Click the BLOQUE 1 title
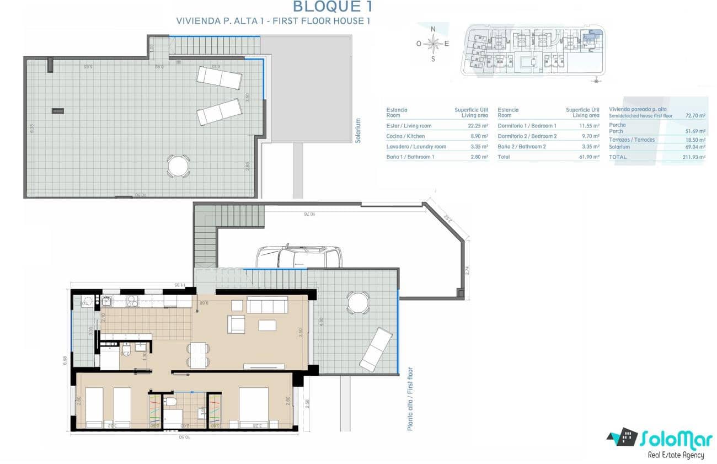[x=332, y=7]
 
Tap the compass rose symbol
[x=434, y=43]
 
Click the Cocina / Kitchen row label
[x=406, y=136]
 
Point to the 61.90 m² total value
[x=588, y=157]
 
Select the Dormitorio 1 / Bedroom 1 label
[x=527, y=126]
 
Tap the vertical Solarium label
[x=358, y=131]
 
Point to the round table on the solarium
[x=178, y=166]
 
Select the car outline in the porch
[x=298, y=256]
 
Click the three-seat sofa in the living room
[x=267, y=305]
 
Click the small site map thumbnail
[x=532, y=50]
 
